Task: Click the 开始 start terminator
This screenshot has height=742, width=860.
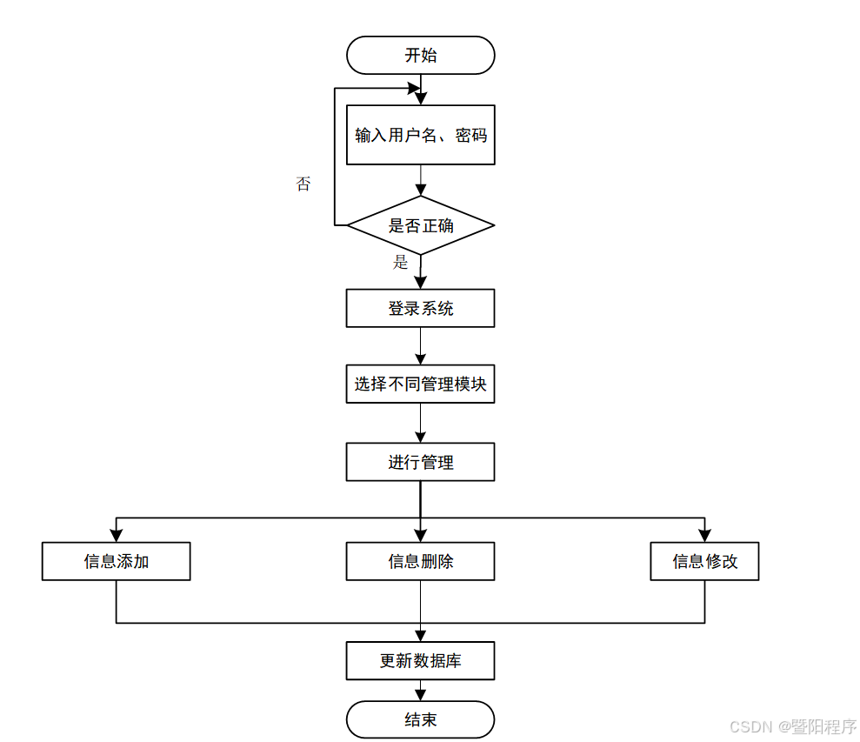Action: (x=420, y=56)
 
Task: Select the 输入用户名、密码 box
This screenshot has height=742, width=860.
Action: (x=420, y=135)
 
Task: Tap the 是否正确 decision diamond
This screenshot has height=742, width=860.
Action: (x=420, y=225)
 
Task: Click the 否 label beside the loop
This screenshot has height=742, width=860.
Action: (x=303, y=184)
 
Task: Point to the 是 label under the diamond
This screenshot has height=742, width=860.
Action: (x=400, y=263)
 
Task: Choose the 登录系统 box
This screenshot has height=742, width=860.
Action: (x=420, y=308)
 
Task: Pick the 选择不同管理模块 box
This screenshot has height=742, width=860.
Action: (x=420, y=384)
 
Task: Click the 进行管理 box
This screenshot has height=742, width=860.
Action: (x=420, y=462)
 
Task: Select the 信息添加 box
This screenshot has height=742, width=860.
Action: (x=116, y=561)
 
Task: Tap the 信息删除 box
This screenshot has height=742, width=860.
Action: (x=420, y=561)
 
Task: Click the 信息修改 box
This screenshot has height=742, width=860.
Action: (x=704, y=561)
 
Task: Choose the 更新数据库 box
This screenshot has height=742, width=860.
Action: (x=420, y=661)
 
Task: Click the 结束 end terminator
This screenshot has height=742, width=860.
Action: (x=420, y=720)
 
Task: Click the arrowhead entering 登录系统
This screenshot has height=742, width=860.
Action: (x=420, y=283)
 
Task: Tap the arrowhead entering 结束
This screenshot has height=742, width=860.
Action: (x=420, y=695)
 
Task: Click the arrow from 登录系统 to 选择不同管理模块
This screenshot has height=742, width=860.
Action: (x=420, y=346)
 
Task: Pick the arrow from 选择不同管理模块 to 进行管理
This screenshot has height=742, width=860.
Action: (x=420, y=424)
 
